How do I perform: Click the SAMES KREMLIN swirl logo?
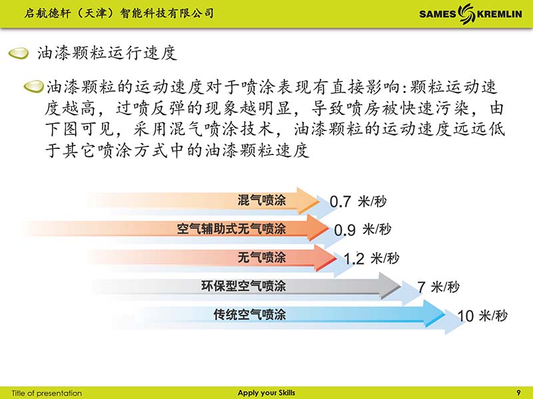point(466,13)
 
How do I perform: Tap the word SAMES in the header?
point(438,14)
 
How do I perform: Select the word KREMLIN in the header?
point(499,14)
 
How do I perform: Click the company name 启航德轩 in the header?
point(47,13)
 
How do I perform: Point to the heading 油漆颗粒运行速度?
point(107,53)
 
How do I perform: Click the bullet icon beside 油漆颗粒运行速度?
point(19,54)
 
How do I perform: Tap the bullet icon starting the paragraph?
point(33,86)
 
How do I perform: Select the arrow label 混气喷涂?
point(261,200)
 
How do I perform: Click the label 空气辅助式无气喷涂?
point(231,228)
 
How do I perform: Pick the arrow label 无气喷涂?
point(261,257)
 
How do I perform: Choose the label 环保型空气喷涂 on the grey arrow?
point(243,286)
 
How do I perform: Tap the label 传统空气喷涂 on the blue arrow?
point(249,314)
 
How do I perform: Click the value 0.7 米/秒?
point(358,201)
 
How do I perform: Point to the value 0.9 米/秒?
point(362,229)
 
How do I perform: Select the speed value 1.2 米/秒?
point(371,259)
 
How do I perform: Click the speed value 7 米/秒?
point(438,287)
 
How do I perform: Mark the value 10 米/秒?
point(482,315)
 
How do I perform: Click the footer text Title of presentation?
point(47,393)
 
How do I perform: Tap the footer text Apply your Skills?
point(266,393)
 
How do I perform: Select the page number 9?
point(518,393)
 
